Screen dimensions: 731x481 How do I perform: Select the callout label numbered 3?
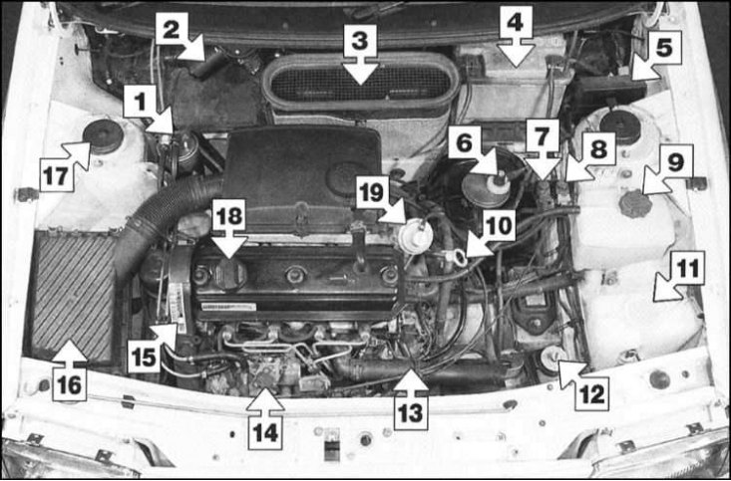pyautogui.click(x=360, y=41)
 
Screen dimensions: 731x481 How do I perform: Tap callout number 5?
pyautogui.click(x=664, y=48)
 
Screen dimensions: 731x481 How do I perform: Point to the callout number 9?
pyautogui.click(x=675, y=161)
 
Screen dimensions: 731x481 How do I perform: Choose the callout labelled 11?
pyautogui.click(x=688, y=268)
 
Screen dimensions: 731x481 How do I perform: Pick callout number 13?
pyautogui.click(x=411, y=412)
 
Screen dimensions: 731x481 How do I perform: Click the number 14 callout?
pyautogui.click(x=265, y=432)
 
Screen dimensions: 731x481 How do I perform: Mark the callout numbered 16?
pyautogui.click(x=70, y=384)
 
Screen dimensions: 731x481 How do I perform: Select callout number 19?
pyautogui.click(x=373, y=192)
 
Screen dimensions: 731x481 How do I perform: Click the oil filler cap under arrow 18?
pyautogui.click(x=229, y=275)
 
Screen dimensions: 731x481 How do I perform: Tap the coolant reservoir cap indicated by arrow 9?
pyautogui.click(x=635, y=203)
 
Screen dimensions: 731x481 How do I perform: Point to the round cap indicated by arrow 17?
pyautogui.click(x=103, y=136)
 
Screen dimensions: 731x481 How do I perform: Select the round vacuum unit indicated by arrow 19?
pyautogui.click(x=415, y=237)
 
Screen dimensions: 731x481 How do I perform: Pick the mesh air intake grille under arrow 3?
pyautogui.click(x=360, y=85)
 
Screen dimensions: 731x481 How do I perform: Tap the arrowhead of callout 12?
pyautogui.click(x=566, y=369)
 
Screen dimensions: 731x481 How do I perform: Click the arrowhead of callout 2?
pyautogui.click(x=194, y=53)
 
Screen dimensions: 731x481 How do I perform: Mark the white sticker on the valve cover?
pyautogui.click(x=229, y=307)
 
